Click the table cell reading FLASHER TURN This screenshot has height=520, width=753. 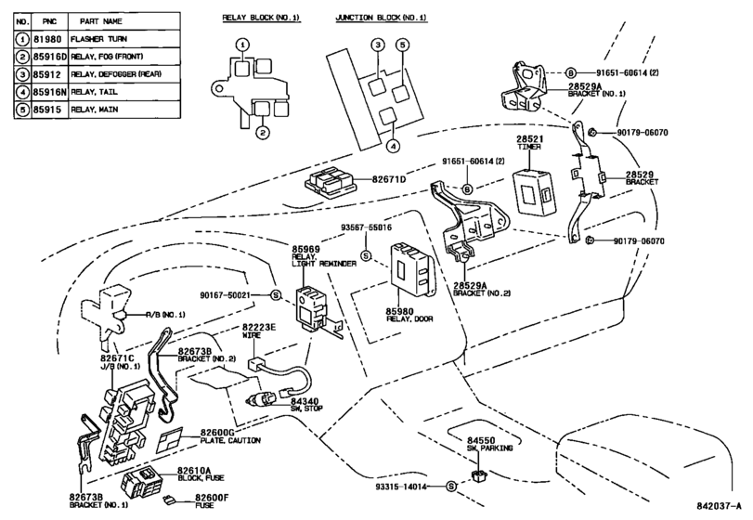(x=98, y=39)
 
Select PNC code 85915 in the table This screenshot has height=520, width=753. (x=47, y=110)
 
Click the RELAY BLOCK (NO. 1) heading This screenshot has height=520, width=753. (x=261, y=18)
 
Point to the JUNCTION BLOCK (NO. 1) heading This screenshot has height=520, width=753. (x=381, y=18)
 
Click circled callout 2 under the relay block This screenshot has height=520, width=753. (x=262, y=132)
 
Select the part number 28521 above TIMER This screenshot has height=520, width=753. (x=529, y=139)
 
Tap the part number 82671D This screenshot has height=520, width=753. (x=388, y=179)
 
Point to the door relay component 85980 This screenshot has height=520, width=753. (x=413, y=270)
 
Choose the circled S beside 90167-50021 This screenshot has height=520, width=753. (x=275, y=294)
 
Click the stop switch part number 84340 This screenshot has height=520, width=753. (x=305, y=401)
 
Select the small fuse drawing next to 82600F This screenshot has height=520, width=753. (x=170, y=500)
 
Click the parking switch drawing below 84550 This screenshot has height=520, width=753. (x=479, y=476)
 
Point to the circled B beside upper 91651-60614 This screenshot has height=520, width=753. (x=570, y=73)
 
